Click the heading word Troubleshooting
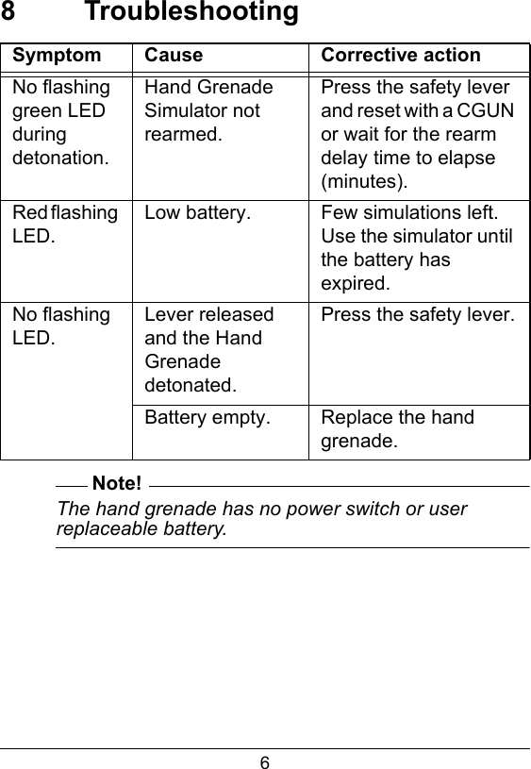(191, 13)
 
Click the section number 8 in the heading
(8, 13)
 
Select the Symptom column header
(57, 56)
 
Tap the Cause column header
(174, 56)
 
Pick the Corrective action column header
(401, 56)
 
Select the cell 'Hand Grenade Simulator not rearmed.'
(208, 110)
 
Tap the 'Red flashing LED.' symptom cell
(65, 224)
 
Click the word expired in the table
(354, 283)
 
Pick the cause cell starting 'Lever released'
(209, 349)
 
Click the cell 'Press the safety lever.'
(418, 315)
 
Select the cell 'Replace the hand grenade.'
(397, 428)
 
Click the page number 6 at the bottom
(265, 761)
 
